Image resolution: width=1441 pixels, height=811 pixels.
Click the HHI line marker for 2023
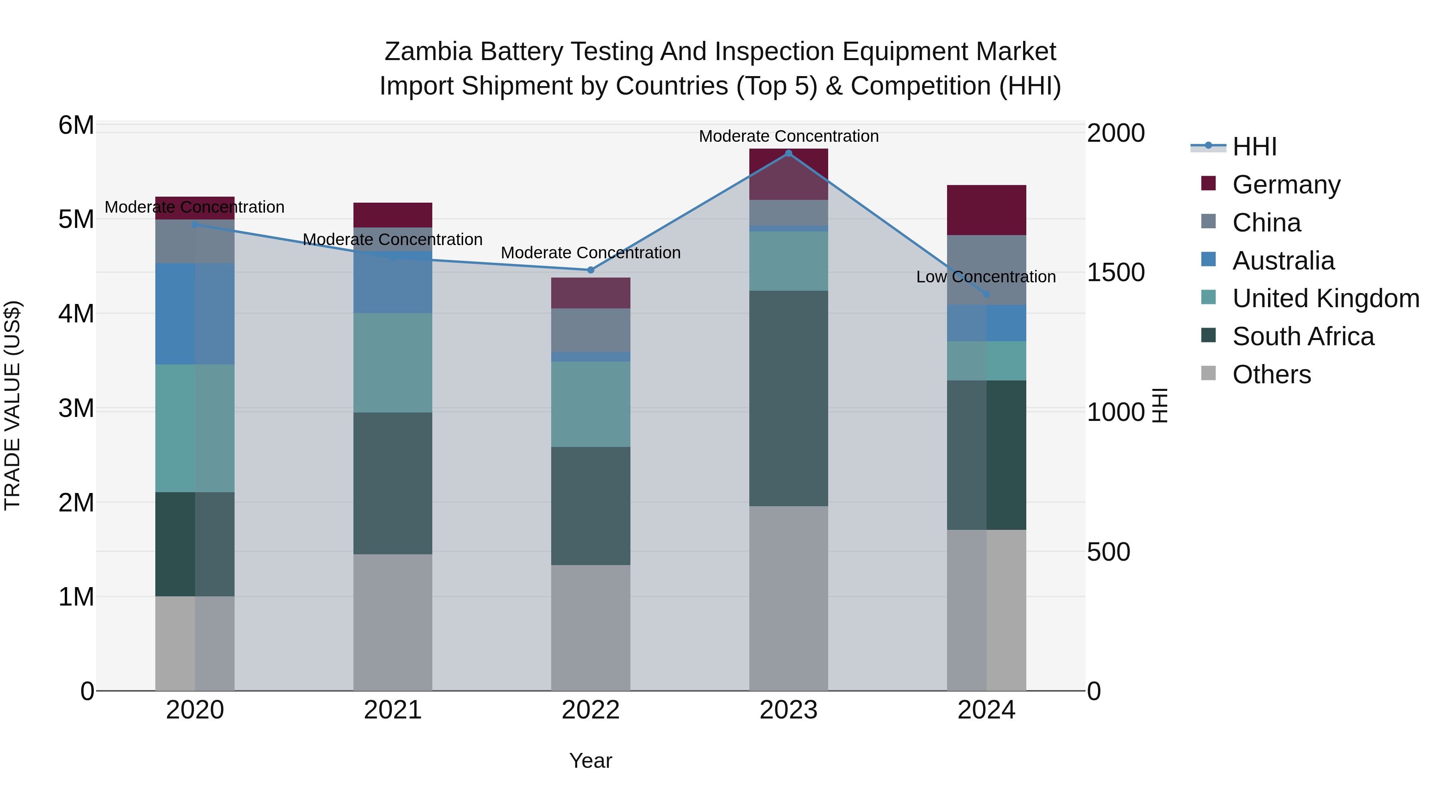point(788,153)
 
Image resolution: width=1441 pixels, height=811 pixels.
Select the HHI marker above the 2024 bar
point(986,294)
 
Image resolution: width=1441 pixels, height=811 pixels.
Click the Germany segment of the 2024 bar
point(986,210)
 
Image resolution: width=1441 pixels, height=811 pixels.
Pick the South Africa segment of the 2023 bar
point(788,398)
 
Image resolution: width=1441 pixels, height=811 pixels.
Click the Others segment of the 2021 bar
point(392,622)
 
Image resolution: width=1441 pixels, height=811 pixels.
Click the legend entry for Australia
point(1283,261)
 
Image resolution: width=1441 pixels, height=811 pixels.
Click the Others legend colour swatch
point(1208,373)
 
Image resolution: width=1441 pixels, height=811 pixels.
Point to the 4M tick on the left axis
point(76,314)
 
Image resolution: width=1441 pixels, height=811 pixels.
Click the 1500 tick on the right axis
point(1116,273)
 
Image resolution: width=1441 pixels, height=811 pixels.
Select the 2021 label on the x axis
point(392,710)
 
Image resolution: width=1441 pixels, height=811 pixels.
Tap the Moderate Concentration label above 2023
point(788,136)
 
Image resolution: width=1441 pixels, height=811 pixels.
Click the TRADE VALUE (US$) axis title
point(12,405)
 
